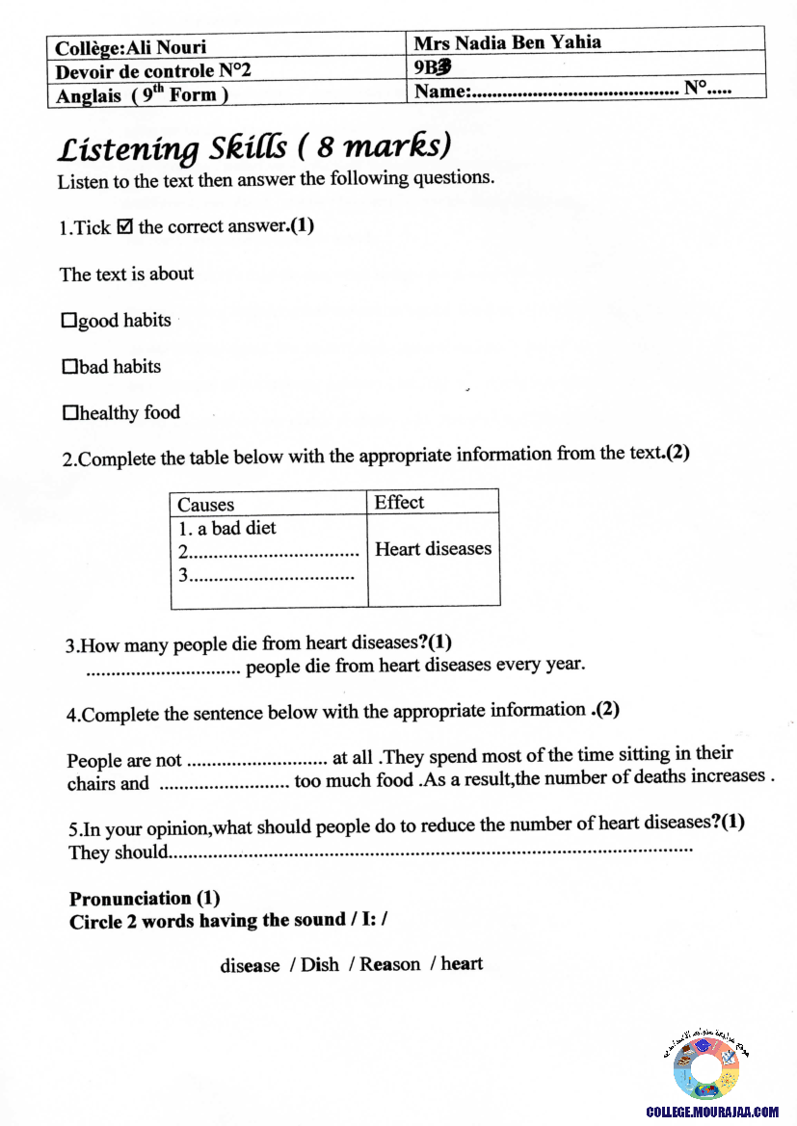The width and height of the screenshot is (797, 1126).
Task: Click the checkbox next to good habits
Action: tap(68, 321)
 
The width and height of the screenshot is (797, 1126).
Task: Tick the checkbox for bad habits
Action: tap(69, 367)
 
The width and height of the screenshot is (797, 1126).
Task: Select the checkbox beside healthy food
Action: tap(69, 413)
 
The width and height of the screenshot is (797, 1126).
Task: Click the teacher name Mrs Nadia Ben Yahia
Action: tap(507, 42)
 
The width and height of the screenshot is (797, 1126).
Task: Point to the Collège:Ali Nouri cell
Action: tap(131, 47)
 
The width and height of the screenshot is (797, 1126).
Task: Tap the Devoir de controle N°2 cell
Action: tap(153, 70)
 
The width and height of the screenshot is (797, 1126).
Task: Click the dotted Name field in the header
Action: tap(574, 92)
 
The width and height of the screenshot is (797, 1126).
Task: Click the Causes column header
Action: tap(206, 505)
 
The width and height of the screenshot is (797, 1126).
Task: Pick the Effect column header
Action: tap(399, 502)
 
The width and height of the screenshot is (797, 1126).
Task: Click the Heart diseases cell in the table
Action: tap(433, 549)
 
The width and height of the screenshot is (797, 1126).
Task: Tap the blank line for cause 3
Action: tap(271, 576)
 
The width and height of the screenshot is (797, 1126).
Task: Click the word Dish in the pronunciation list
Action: tap(319, 965)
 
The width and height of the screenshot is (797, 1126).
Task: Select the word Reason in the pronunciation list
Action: tap(390, 964)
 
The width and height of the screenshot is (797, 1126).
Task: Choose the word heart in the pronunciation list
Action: tap(462, 963)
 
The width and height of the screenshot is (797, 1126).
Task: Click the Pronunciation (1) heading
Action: tap(145, 899)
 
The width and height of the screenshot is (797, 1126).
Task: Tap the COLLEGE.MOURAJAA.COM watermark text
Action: tap(712, 1112)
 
